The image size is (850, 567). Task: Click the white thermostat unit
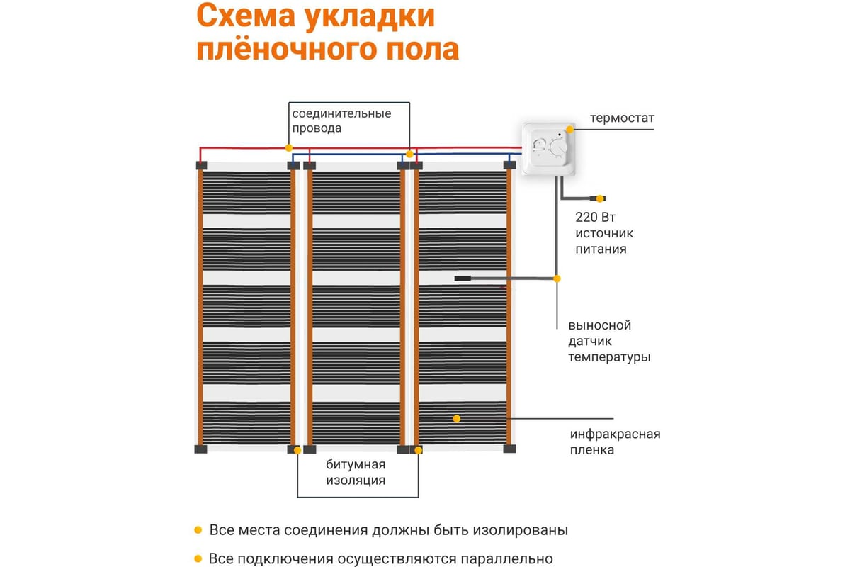point(547,150)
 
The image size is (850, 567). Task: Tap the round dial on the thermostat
point(556,150)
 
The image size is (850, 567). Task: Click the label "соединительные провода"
point(341,120)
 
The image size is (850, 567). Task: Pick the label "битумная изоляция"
point(356,472)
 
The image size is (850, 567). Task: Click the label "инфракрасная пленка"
point(615,442)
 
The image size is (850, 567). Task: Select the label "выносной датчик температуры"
point(609,342)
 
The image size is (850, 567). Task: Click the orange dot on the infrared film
point(457,418)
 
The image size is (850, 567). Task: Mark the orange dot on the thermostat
point(569,129)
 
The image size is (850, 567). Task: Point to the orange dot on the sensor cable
point(557,279)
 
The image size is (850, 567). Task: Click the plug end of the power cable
point(601,198)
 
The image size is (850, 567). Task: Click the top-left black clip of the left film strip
point(200,165)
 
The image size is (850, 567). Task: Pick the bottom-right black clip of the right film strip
point(509,448)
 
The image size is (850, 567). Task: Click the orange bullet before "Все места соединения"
point(198,530)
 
